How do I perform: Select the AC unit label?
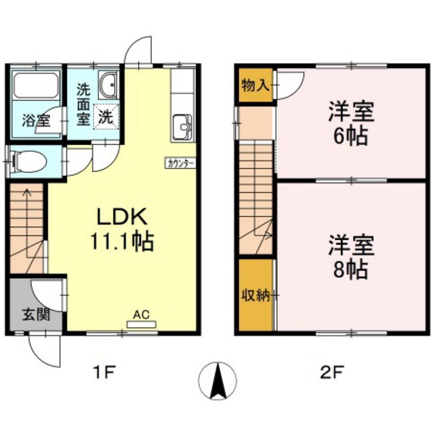point(140,314)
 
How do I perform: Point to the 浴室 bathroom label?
point(35,120)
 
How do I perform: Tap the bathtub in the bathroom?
point(38,86)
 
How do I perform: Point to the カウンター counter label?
point(181,163)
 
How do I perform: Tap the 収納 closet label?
point(255,295)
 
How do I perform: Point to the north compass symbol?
point(215,380)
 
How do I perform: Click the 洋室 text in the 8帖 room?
point(351,245)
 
